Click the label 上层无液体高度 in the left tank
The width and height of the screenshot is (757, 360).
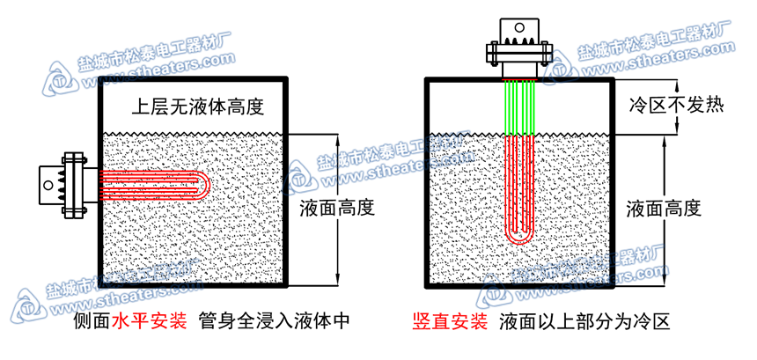[196, 107]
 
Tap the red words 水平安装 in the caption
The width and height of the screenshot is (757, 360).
[148, 321]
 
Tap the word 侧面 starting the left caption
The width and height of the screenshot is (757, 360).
[92, 321]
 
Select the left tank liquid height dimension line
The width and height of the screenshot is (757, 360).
[335, 246]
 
